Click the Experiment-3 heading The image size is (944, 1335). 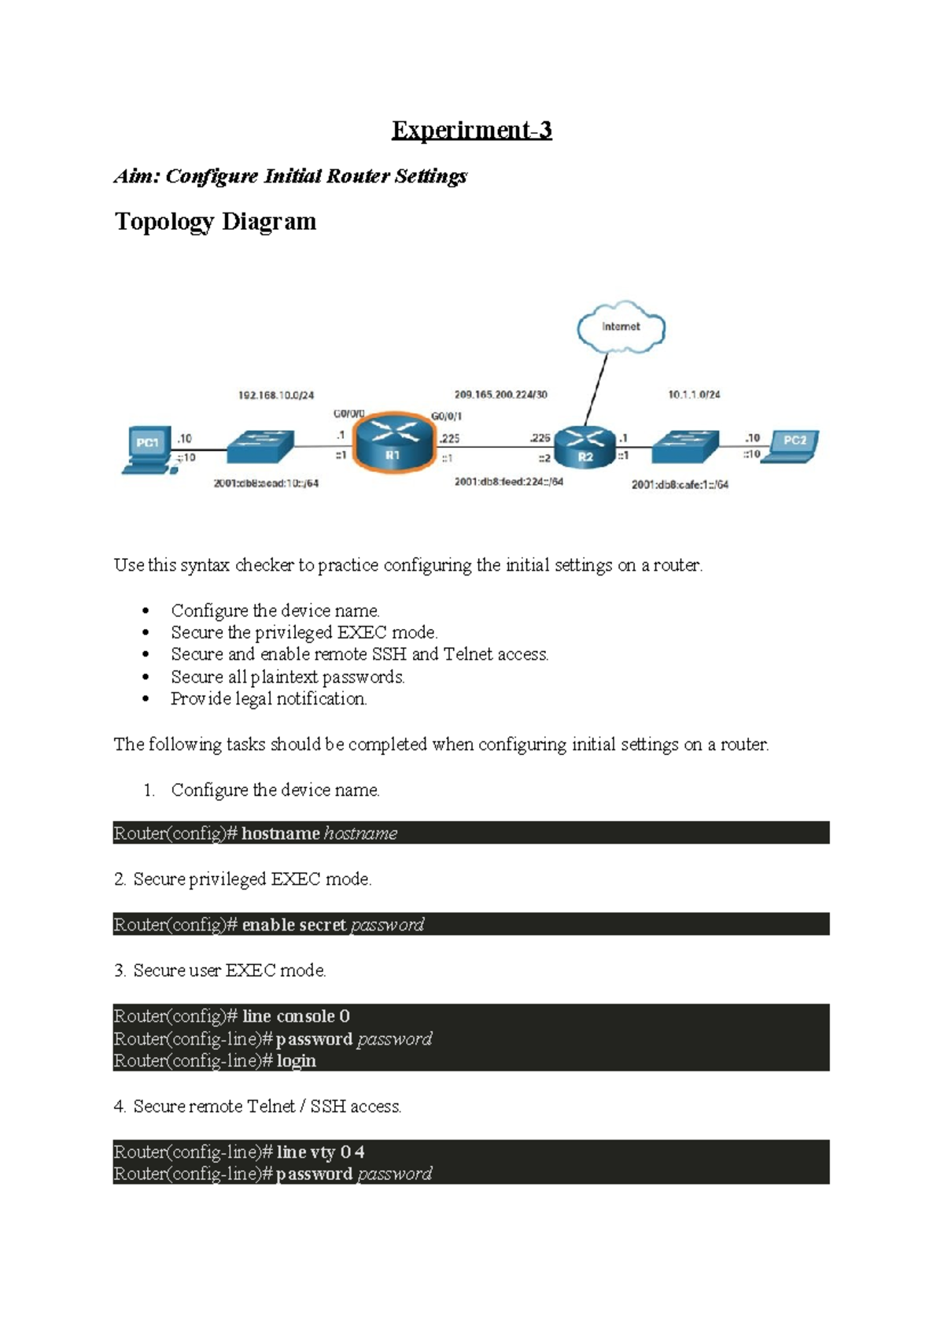(x=471, y=130)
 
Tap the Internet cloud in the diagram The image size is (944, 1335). (x=621, y=327)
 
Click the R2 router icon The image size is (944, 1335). (x=584, y=447)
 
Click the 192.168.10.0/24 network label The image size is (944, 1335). (x=275, y=395)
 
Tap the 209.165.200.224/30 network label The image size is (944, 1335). (x=500, y=394)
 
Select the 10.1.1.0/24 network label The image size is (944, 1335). (x=694, y=394)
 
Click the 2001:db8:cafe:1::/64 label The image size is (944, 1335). (x=680, y=485)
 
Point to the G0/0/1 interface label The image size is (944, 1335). (x=446, y=416)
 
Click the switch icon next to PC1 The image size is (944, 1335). (x=260, y=446)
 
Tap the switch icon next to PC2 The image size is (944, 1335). (x=685, y=446)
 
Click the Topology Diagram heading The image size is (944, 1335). (x=216, y=222)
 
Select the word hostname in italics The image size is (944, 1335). (x=360, y=834)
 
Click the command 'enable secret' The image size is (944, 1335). (x=293, y=925)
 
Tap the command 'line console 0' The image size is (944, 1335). (x=296, y=1016)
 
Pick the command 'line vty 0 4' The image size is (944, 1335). (x=320, y=1152)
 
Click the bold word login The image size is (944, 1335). (x=296, y=1061)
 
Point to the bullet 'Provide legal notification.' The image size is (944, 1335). (x=268, y=699)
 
